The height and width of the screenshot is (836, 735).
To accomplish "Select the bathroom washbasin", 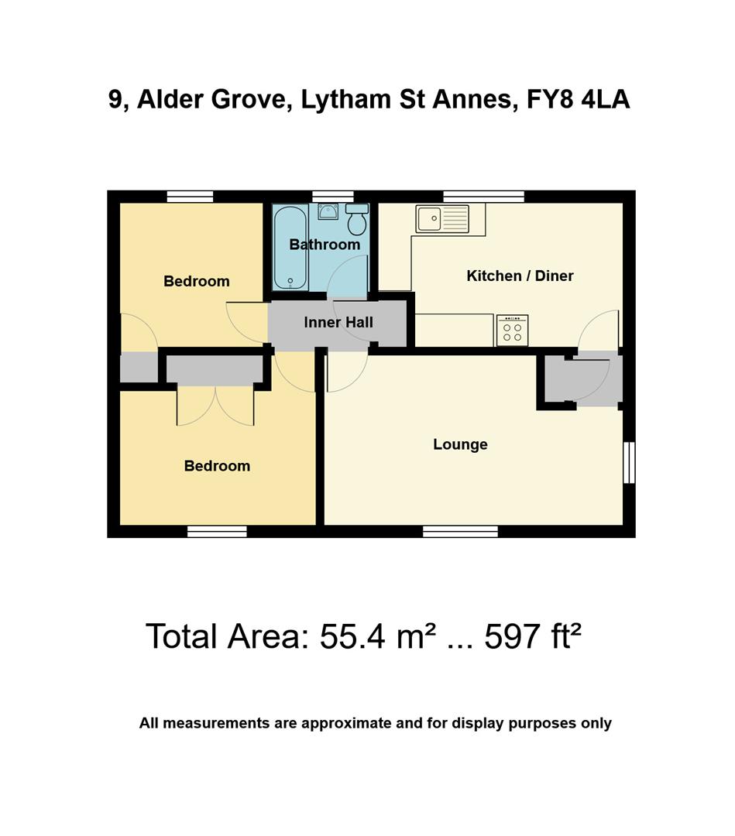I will pyautogui.click(x=328, y=211).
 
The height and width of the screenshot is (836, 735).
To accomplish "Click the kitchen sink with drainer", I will pyautogui.click(x=442, y=219).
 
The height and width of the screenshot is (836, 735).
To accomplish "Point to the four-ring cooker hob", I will pyautogui.click(x=512, y=331).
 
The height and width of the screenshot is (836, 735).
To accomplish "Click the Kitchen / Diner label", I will pyautogui.click(x=520, y=276).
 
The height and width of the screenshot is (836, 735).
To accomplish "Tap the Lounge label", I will pyautogui.click(x=460, y=444).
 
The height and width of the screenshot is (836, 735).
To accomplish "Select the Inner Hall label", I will pyautogui.click(x=338, y=323).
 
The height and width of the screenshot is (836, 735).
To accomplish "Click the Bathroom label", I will pyautogui.click(x=325, y=245).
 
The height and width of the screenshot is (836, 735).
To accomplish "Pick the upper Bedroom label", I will pyautogui.click(x=197, y=282).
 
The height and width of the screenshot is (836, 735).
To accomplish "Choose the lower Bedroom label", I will pyautogui.click(x=217, y=466).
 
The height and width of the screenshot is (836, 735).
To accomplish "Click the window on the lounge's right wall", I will pyautogui.click(x=629, y=463).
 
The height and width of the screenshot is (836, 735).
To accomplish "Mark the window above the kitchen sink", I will pyautogui.click(x=483, y=197).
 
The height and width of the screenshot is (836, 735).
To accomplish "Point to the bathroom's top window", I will pyautogui.click(x=333, y=197).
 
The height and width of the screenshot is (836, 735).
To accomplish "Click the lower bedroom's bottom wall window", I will pyautogui.click(x=217, y=531).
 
